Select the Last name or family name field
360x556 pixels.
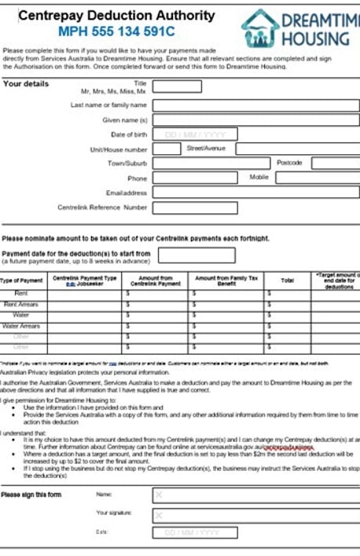(x=255, y=105)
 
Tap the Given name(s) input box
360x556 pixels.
(x=255, y=120)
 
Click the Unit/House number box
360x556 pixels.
(x=166, y=148)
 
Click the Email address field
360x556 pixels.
(x=255, y=192)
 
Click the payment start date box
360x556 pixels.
(x=185, y=254)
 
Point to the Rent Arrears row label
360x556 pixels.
(x=22, y=304)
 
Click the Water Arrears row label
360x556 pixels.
(x=21, y=326)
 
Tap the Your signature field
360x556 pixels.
(x=255, y=514)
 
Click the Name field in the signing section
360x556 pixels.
(x=255, y=495)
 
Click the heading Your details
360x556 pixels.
(x=26, y=83)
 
